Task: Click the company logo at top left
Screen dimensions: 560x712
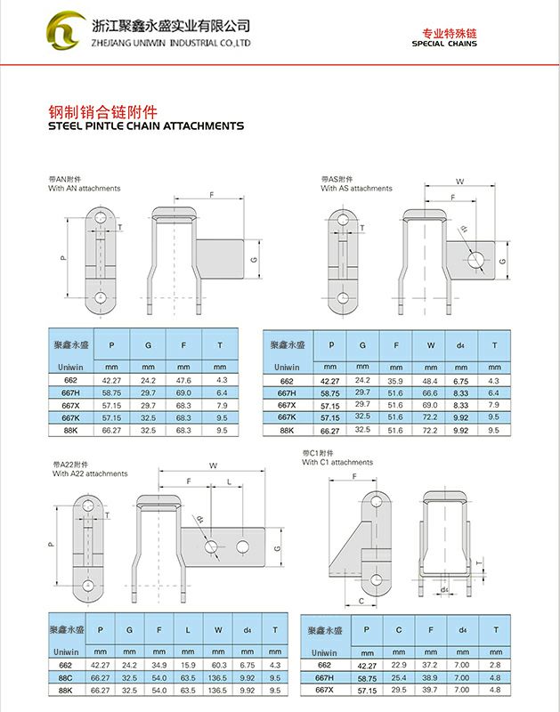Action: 66,30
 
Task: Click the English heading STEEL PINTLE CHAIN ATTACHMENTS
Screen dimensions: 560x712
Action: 146,125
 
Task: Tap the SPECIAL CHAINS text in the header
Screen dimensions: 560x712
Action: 444,44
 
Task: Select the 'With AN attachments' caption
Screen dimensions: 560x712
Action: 85,188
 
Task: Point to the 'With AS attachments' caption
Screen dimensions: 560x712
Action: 356,188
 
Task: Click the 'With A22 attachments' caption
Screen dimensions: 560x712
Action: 90,473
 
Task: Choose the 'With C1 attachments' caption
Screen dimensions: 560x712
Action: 337,462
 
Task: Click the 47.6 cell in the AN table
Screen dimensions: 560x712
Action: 183,381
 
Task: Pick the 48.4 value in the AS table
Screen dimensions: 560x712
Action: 430,381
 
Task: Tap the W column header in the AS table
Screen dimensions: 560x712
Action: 431,345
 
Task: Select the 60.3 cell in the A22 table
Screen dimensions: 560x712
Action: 218,665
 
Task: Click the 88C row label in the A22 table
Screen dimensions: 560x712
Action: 65,678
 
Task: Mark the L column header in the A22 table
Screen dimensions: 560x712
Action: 188,630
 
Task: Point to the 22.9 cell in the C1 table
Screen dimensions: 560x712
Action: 398,665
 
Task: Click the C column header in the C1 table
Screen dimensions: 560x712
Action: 398,630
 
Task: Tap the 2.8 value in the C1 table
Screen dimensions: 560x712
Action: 495,665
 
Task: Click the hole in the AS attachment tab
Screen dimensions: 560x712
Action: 475,260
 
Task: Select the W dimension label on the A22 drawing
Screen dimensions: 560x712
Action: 214,465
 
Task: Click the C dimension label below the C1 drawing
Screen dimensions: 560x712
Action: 361,601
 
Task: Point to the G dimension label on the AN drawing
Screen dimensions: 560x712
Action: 254,260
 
